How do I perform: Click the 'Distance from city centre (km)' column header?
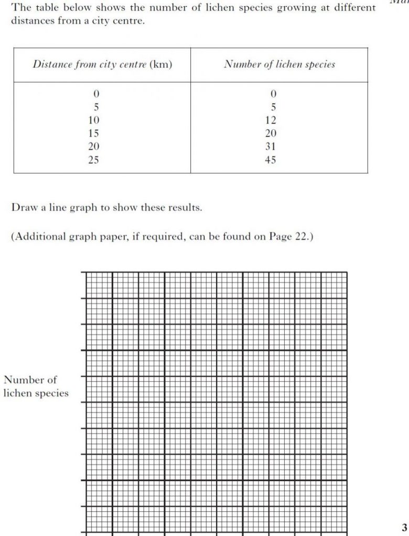point(102,65)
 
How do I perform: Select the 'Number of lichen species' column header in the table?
point(279,65)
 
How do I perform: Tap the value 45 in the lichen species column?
point(270,160)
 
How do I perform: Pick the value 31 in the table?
point(270,147)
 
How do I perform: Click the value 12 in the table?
point(270,120)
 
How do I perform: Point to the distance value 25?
point(94,160)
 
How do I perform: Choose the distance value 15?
point(94,133)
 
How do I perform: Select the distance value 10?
point(94,120)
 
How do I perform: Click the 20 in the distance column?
point(94,147)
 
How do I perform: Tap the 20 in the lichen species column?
point(270,133)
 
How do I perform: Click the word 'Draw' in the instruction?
point(23,207)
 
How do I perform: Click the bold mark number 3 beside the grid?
point(404,527)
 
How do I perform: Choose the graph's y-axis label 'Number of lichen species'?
point(36,386)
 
